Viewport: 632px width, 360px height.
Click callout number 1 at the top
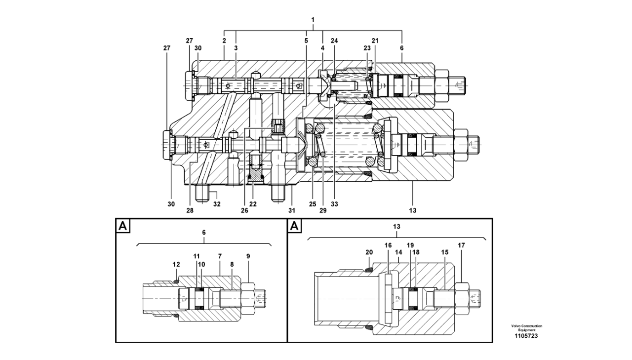[313, 20]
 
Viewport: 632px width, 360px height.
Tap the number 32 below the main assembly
[217, 204]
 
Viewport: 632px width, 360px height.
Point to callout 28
[190, 210]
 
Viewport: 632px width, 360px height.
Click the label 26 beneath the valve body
[244, 210]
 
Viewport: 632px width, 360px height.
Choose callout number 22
[253, 204]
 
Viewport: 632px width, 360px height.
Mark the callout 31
[292, 210]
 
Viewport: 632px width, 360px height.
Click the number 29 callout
[322, 210]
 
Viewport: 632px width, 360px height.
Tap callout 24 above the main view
[334, 41]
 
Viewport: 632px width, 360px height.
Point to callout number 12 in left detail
[176, 264]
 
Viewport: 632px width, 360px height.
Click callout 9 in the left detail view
[248, 256]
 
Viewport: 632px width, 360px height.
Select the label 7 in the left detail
[220, 256]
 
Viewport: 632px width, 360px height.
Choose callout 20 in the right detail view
[369, 252]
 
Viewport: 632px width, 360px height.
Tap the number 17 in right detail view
[461, 245]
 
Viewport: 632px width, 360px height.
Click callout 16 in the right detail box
[389, 245]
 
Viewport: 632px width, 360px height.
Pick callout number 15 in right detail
[445, 252]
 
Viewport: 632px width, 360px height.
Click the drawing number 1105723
[526, 336]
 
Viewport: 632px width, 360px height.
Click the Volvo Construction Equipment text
[526, 328]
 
